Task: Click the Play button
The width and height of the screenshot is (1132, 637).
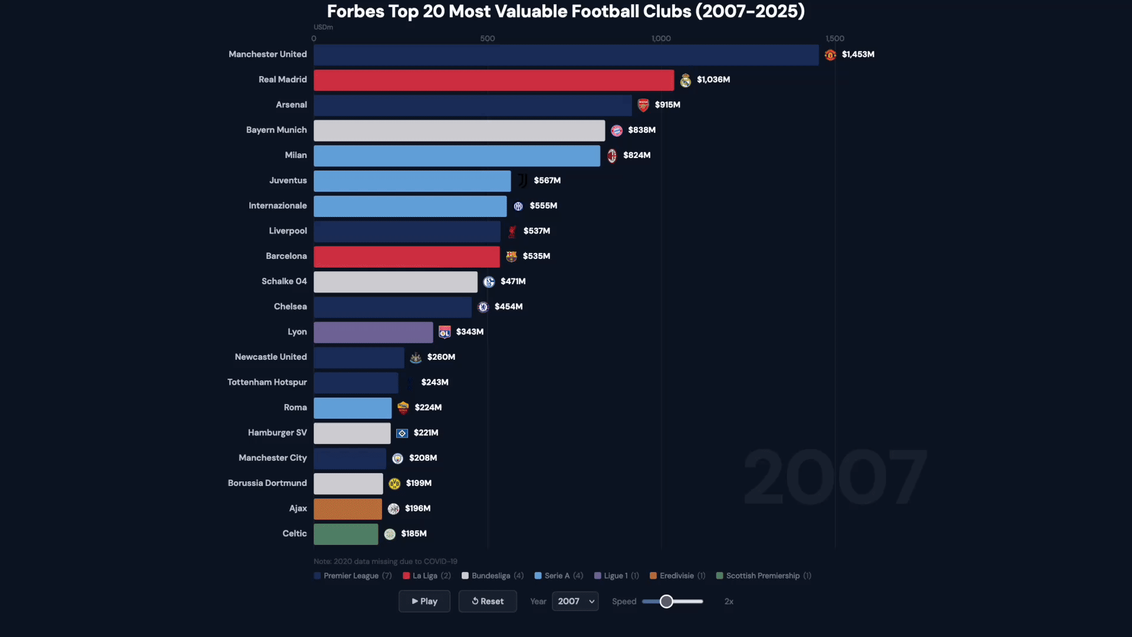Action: pos(424,601)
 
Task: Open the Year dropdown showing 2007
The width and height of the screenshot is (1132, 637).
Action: pos(575,601)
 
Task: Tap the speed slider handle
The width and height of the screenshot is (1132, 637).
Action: pos(666,601)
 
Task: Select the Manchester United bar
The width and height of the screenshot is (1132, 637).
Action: pos(566,55)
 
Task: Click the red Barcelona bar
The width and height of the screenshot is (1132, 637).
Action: pos(406,257)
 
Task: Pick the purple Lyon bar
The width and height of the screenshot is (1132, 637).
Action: pos(373,332)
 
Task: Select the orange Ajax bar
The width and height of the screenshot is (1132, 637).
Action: pos(348,508)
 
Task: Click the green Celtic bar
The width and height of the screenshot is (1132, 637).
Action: pos(346,534)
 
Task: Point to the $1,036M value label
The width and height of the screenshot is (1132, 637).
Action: pos(713,80)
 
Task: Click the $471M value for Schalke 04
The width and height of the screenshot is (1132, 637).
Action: pos(513,281)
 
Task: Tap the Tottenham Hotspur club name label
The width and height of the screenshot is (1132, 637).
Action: pos(267,382)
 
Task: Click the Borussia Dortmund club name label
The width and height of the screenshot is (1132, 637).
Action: pos(267,483)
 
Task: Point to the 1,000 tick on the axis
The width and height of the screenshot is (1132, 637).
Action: pos(661,38)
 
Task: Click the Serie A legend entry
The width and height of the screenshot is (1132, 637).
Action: pos(558,576)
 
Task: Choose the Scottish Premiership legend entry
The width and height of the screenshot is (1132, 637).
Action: pos(763,576)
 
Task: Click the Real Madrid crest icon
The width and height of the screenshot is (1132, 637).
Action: pos(685,80)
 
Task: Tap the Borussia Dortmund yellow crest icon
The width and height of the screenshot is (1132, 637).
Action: pos(394,484)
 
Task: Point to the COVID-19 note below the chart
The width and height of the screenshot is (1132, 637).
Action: pos(386,562)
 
